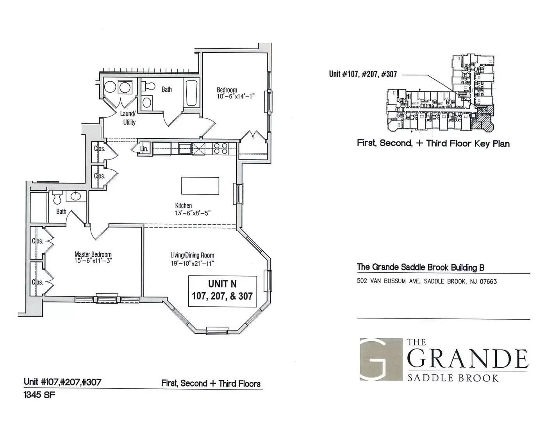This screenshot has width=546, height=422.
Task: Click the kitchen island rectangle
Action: (200, 186)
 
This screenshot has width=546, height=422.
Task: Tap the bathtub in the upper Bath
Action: (191, 93)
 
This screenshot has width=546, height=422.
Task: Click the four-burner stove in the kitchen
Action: (221, 148)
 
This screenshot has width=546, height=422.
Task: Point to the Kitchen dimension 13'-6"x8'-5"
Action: (193, 213)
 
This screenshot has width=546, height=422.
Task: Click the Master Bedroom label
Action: (93, 254)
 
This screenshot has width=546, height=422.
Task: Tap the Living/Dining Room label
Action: (193, 255)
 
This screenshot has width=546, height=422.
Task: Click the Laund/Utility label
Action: (128, 118)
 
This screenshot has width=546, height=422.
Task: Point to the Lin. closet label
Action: (144, 149)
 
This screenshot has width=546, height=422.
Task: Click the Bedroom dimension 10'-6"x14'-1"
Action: (236, 96)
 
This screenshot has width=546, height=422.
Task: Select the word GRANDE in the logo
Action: (467, 359)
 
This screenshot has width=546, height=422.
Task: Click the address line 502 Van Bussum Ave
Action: (426, 281)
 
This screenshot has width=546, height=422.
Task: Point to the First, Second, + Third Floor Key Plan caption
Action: (433, 143)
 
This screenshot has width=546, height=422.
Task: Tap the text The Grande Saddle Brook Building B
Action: (421, 267)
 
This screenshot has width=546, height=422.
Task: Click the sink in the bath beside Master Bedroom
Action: (73, 196)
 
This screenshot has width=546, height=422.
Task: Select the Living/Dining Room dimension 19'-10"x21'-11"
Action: (193, 263)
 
